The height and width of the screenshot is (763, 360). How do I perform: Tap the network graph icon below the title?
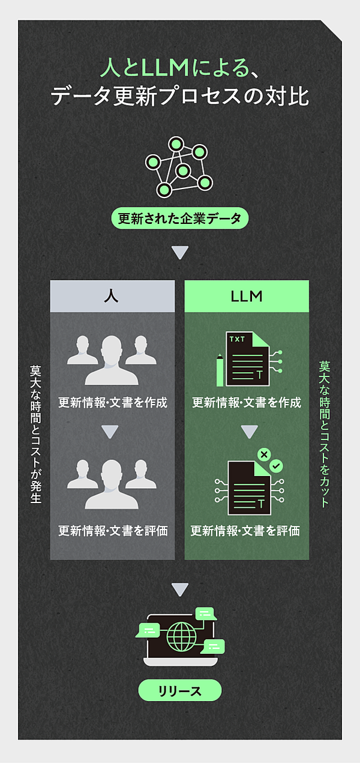(179, 167)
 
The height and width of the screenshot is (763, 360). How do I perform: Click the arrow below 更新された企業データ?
(179, 253)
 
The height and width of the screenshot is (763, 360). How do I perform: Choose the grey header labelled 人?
(112, 297)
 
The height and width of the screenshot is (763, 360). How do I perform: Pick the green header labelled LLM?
(247, 297)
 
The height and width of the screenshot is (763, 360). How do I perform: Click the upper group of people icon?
(112, 360)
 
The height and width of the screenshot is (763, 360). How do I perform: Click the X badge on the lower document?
(263, 454)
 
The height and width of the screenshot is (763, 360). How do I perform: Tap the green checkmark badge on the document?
(276, 465)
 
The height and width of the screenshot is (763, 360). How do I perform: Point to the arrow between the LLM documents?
(250, 432)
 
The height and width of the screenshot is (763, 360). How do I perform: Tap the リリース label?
(179, 691)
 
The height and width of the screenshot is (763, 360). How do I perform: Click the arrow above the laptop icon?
(179, 590)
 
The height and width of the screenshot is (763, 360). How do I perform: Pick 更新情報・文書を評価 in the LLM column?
(245, 531)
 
